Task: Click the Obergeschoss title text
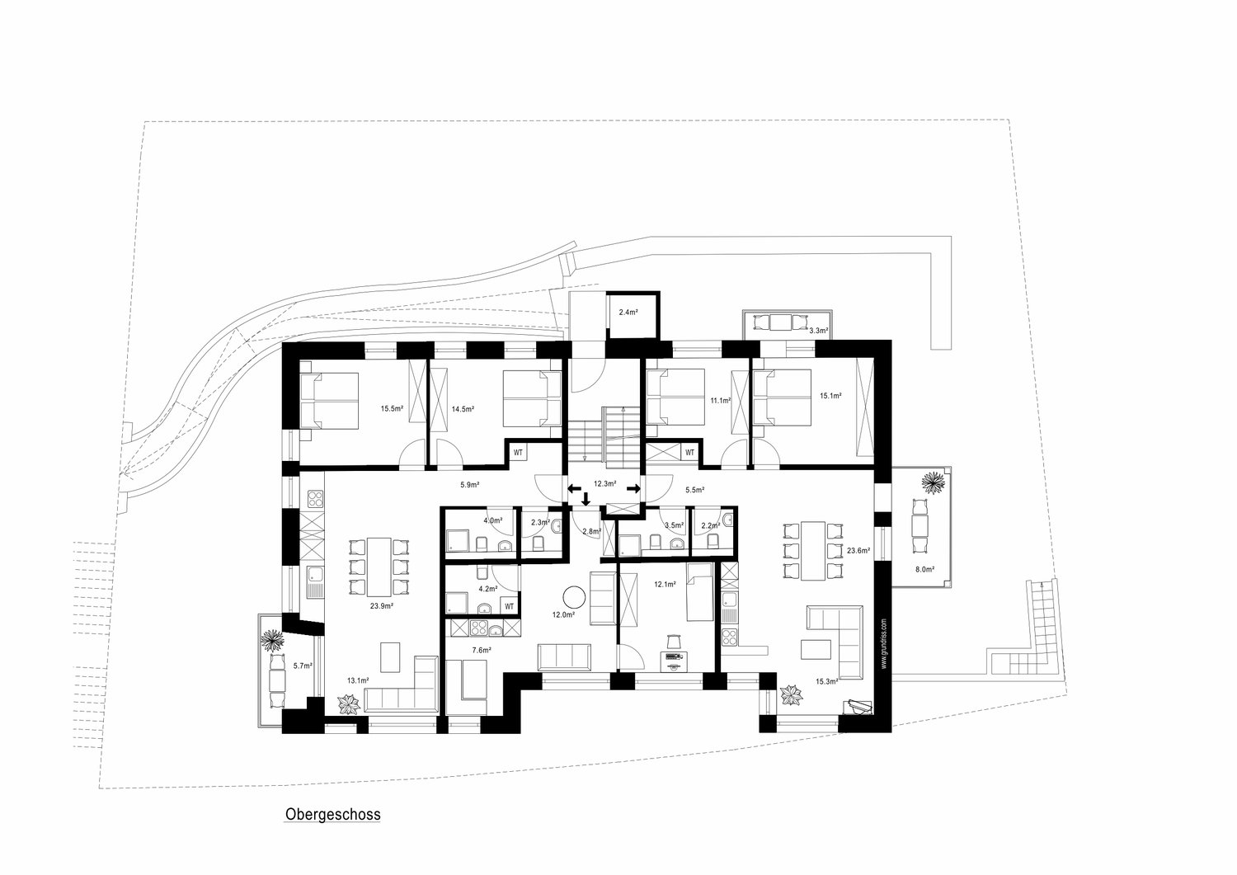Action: pyautogui.click(x=333, y=814)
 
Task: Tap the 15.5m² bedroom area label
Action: pyautogui.click(x=392, y=409)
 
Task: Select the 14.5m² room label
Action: pyautogui.click(x=463, y=409)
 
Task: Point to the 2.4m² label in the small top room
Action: pyautogui.click(x=628, y=312)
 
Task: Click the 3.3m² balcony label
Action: pyautogui.click(x=818, y=331)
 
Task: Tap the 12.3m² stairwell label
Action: pyautogui.click(x=604, y=484)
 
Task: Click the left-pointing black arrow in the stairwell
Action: pyautogui.click(x=574, y=488)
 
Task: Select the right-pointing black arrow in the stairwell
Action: pyautogui.click(x=634, y=488)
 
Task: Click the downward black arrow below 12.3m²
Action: pyautogui.click(x=586, y=500)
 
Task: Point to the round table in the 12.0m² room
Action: pyautogui.click(x=574, y=597)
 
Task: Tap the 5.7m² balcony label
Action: pyautogui.click(x=303, y=666)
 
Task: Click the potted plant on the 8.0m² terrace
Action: pyautogui.click(x=932, y=482)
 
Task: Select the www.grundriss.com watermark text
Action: pyautogui.click(x=883, y=643)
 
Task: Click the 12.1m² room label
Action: pyautogui.click(x=665, y=585)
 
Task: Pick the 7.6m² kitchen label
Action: pyautogui.click(x=482, y=650)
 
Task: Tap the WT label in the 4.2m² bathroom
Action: pyautogui.click(x=509, y=606)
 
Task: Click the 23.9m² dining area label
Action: pyautogui.click(x=382, y=606)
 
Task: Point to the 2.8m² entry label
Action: pyautogui.click(x=591, y=531)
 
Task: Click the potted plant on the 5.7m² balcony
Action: pyautogui.click(x=272, y=641)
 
